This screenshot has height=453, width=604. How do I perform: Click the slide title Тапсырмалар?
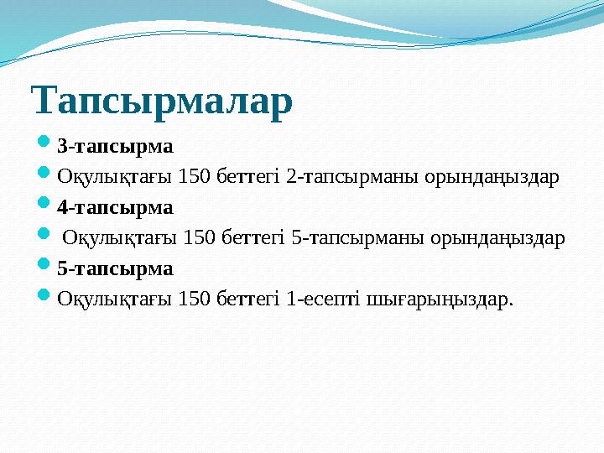pyautogui.click(x=162, y=101)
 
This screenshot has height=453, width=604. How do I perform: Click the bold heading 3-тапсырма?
pyautogui.click(x=115, y=146)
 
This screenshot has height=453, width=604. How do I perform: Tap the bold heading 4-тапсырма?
pyautogui.click(x=115, y=207)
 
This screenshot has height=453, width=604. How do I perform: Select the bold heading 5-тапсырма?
pyautogui.click(x=115, y=269)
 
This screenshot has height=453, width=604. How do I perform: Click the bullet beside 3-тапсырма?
pyautogui.click(x=46, y=145)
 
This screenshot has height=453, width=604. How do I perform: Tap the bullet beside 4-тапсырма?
pyautogui.click(x=46, y=206)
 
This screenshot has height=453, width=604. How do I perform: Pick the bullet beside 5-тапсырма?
pyautogui.click(x=46, y=268)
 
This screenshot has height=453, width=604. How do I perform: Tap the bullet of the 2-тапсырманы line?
pyautogui.click(x=46, y=175)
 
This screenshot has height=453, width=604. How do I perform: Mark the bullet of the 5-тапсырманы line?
pyautogui.click(x=46, y=237)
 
